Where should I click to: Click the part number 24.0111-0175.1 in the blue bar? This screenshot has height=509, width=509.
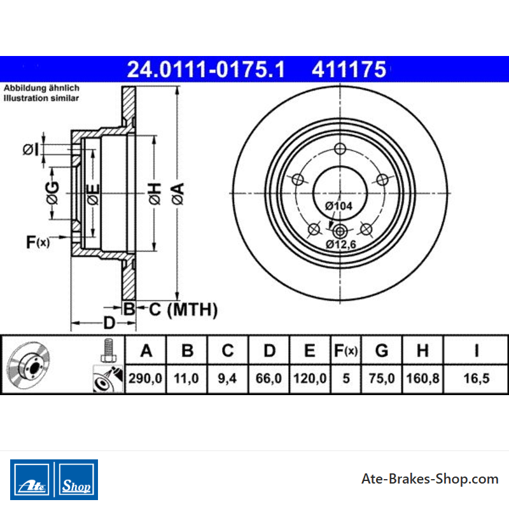coord(206,69)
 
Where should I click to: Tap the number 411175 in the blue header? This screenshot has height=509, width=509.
coord(349,69)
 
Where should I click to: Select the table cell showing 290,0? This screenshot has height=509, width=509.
coord(145,379)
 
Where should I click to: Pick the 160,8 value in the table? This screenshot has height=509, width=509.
coord(422,379)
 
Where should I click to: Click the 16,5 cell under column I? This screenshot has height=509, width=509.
coord(476,379)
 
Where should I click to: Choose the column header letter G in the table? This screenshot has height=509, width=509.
coord(382,351)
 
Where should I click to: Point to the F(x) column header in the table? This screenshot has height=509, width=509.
coord(345,351)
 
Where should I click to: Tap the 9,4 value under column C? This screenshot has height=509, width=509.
coord(227,379)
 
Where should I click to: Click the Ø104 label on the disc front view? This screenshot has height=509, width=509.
coord(338,206)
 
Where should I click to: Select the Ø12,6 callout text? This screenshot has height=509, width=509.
coord(341,244)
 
